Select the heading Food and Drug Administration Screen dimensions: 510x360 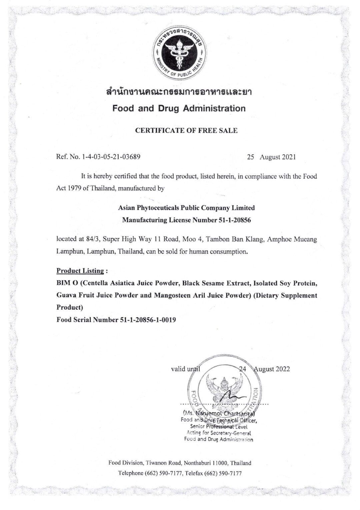point(179,108)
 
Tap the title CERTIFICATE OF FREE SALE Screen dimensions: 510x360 point(186,131)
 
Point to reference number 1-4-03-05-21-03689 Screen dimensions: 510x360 point(111,157)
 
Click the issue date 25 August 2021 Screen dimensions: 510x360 point(271,157)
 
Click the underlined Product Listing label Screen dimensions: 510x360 point(80,271)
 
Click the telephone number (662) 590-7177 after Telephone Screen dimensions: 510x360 point(163,473)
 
